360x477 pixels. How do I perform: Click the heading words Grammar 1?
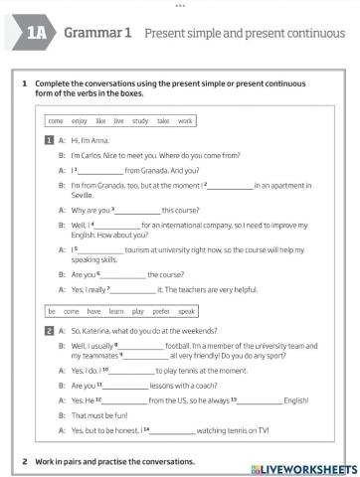pyautogui.click(x=98, y=33)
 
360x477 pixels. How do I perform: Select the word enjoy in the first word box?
pyautogui.click(x=79, y=120)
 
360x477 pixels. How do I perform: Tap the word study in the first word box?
pyautogui.click(x=140, y=120)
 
